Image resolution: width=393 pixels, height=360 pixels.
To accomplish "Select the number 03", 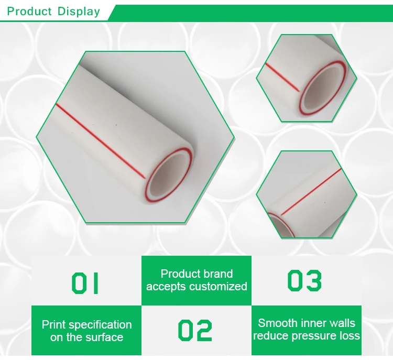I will [x=304, y=281].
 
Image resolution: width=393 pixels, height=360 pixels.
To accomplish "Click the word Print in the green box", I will [x=54, y=325].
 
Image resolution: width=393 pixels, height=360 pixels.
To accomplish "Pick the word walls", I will [x=342, y=323].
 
